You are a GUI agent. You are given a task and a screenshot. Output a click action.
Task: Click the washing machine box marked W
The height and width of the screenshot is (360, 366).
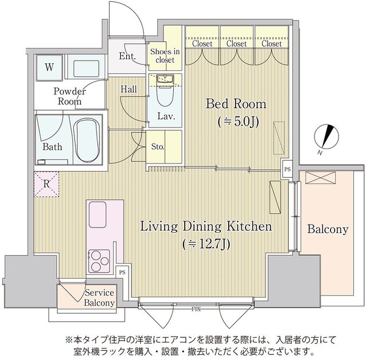(x=50, y=67)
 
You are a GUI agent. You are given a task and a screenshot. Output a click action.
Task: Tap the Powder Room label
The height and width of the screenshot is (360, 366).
(x=70, y=96)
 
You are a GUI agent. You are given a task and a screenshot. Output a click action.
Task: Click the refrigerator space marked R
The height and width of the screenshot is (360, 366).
(x=46, y=184)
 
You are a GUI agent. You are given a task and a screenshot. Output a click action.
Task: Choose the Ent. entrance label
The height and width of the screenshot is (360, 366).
(x=127, y=56)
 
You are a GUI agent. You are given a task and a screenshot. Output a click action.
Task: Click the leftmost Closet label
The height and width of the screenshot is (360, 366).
(x=202, y=43)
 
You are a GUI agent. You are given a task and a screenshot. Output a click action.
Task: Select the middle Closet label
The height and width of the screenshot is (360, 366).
(x=237, y=43)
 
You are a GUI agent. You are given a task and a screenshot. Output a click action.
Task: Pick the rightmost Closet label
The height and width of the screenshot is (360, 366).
(x=271, y=43)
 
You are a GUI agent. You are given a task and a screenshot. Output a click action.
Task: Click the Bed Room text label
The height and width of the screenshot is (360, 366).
(x=236, y=104)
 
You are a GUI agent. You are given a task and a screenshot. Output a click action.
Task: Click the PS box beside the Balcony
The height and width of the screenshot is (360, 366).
(x=287, y=170)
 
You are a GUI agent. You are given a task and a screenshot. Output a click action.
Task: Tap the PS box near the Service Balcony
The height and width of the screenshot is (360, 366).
(x=122, y=273)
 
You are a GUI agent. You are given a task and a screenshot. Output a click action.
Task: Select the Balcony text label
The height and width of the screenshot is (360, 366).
(x=327, y=230)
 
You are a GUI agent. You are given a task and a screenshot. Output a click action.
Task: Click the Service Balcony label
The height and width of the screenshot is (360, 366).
(x=99, y=297)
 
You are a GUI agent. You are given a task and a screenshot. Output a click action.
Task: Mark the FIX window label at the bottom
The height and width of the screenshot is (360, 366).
(x=196, y=309)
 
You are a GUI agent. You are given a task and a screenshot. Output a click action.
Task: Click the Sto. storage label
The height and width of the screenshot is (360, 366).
(x=158, y=147)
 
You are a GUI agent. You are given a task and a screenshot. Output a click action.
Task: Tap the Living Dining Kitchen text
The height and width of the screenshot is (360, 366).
(x=206, y=227)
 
